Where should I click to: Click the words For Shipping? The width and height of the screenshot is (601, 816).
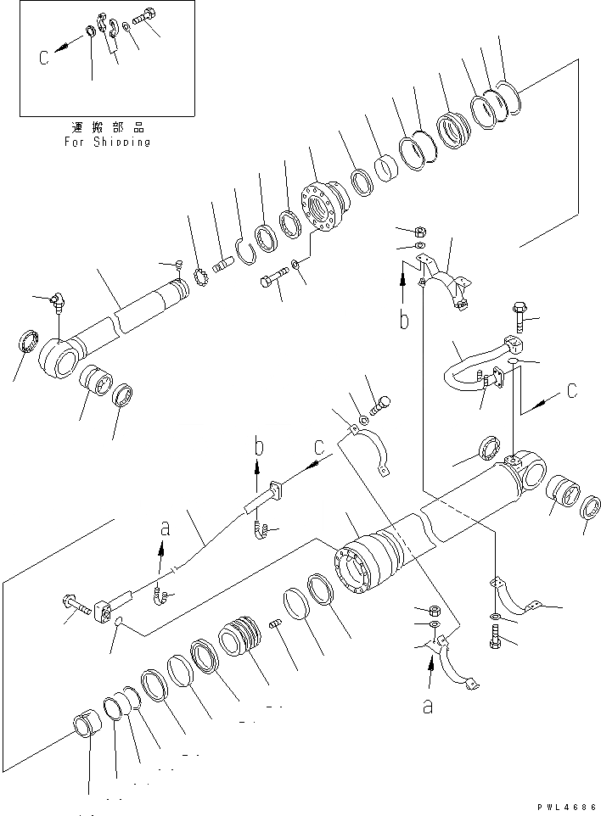tap(107, 142)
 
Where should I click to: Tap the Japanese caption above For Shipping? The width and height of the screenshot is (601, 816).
tap(107, 127)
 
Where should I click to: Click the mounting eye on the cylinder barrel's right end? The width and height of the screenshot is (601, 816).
tap(526, 467)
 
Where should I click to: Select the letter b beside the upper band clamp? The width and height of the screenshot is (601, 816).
tap(404, 321)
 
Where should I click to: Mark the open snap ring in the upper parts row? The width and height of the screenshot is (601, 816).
tap(245, 250)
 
